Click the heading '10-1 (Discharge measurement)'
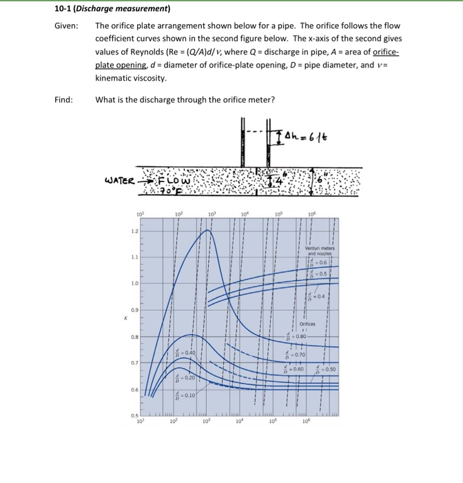[x=113, y=9]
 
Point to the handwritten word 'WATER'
[x=119, y=181]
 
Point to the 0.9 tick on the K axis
[x=136, y=310]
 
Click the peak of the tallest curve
[x=207, y=230]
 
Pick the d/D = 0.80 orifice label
[x=297, y=337]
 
